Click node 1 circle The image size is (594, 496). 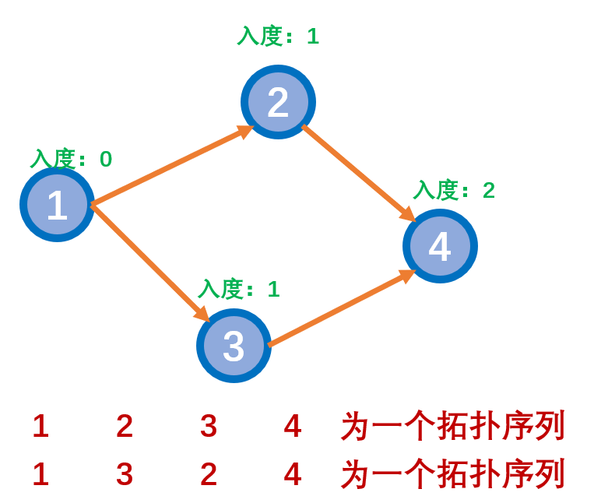[x=57, y=205]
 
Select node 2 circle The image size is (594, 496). [x=278, y=102]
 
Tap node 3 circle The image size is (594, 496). [x=234, y=346]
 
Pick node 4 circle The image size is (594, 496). [x=440, y=246]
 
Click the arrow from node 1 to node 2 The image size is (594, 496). [x=171, y=165]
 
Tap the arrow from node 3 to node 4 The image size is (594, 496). [x=341, y=308]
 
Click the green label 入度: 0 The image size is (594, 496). [x=71, y=159]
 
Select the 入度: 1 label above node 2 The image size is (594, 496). [x=278, y=36]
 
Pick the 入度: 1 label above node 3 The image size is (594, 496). [x=238, y=289]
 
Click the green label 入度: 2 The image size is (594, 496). [x=454, y=190]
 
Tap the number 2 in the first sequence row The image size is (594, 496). [x=125, y=426]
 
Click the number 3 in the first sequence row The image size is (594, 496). [x=209, y=426]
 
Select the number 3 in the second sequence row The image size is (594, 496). [x=125, y=474]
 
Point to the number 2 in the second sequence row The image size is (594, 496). [x=209, y=474]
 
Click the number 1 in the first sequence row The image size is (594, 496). [x=40, y=426]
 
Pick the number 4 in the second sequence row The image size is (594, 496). [x=293, y=474]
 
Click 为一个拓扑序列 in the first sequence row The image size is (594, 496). [x=452, y=426]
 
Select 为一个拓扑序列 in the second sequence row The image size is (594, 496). [x=452, y=474]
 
